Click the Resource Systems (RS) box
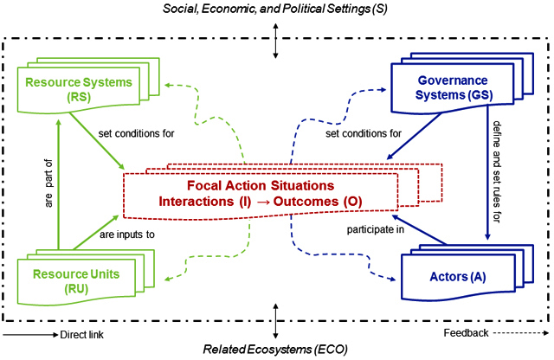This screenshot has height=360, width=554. (79, 89)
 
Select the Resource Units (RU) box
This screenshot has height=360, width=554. (76, 281)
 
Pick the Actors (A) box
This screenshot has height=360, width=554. (458, 277)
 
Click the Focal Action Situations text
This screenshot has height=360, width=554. (261, 185)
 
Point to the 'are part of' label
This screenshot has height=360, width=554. (48, 183)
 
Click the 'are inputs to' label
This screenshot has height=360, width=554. (127, 235)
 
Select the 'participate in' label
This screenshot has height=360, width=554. (375, 229)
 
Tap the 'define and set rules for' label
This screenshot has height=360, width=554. (497, 172)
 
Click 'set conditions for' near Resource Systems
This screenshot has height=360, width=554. (137, 133)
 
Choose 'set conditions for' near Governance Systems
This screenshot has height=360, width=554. (364, 133)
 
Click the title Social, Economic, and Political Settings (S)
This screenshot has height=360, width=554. (275, 9)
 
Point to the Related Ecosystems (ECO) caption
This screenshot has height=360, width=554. (275, 350)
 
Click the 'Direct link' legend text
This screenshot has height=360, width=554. (81, 335)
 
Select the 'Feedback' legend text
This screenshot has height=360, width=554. (466, 333)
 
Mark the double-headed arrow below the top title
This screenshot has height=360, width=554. (275, 41)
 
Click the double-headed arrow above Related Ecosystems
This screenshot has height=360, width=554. (275, 321)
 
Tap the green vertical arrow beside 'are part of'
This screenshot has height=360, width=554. (59, 185)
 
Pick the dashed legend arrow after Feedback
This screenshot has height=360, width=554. (521, 333)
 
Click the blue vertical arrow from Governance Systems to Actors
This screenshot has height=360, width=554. (487, 173)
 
